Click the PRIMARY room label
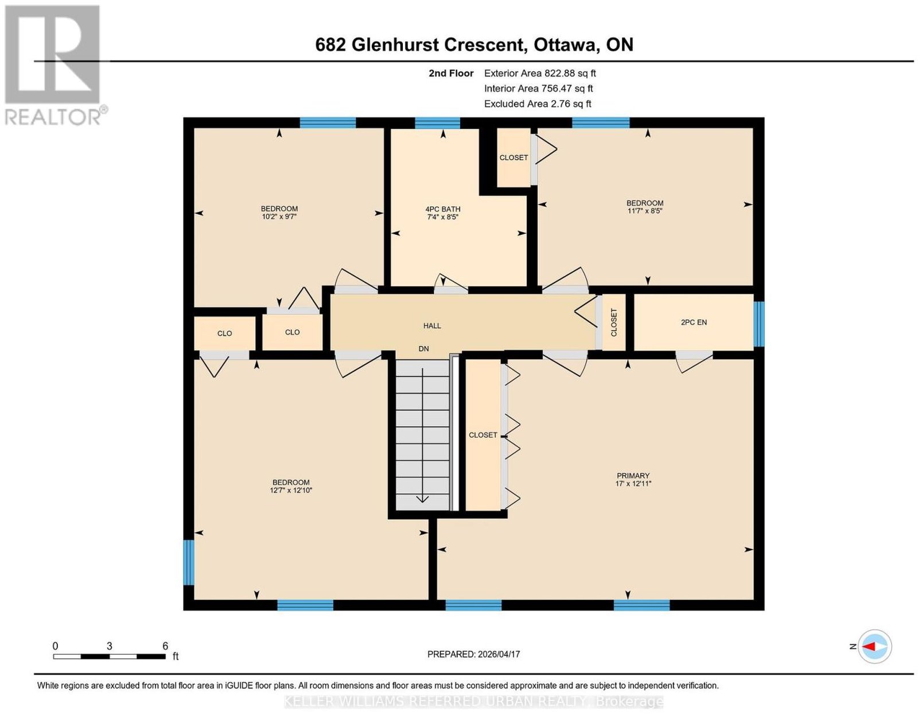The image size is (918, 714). [632, 475]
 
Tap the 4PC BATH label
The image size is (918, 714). [442, 209]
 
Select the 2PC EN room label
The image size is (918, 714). [693, 322]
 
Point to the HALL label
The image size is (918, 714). [432, 326]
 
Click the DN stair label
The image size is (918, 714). [423, 349]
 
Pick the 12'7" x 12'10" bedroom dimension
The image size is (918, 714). [291, 491]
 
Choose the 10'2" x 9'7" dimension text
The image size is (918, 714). [279, 217]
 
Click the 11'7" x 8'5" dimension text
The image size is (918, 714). [645, 210]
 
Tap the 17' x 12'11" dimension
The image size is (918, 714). [633, 483]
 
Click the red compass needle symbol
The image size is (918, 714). [869, 646]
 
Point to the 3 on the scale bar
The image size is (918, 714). [110, 646]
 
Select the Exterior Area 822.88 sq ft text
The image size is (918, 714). [539, 73]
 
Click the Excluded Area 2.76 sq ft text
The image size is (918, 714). [538, 103]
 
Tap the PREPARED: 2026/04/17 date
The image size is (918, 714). [473, 654]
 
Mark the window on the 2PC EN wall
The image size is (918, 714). [758, 323]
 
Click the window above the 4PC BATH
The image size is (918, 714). [437, 123]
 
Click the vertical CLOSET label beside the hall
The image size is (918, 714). [614, 323]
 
